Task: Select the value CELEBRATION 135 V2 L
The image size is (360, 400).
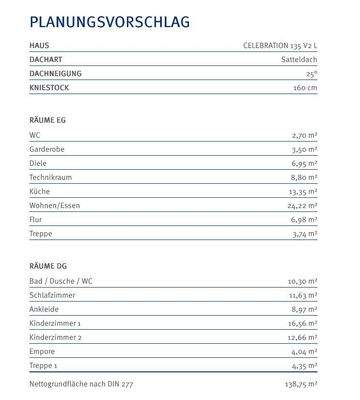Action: (x=280, y=46)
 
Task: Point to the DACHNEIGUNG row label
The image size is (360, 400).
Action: (x=56, y=74)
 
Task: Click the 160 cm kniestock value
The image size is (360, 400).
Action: (x=303, y=88)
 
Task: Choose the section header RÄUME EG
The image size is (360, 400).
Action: (x=49, y=119)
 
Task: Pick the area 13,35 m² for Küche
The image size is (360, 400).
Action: (x=302, y=191)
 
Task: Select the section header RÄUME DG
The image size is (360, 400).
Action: (x=49, y=265)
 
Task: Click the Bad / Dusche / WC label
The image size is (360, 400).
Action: (x=60, y=282)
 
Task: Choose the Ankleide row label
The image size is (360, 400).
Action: (x=44, y=310)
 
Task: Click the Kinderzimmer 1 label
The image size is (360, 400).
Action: (x=55, y=324)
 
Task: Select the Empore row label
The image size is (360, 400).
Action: (x=43, y=352)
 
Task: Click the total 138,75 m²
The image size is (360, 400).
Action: (x=299, y=383)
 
